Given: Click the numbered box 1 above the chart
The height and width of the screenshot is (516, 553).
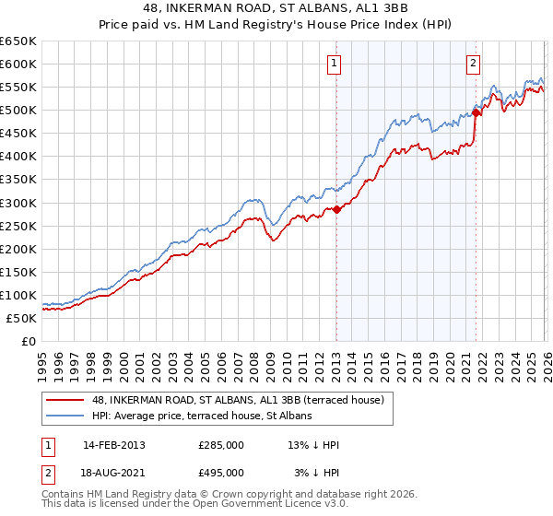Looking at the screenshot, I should (x=333, y=64).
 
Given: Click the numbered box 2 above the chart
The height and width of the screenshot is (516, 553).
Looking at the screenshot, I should (x=473, y=64).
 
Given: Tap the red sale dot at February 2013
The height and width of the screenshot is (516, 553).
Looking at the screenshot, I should (x=336, y=209).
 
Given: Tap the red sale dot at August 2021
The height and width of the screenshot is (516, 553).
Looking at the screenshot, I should (x=477, y=112).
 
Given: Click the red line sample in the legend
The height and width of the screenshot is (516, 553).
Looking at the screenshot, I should (x=65, y=400).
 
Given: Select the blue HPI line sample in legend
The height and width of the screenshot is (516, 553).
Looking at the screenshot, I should (x=65, y=416).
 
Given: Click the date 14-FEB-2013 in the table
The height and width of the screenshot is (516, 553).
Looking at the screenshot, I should (x=114, y=445).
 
